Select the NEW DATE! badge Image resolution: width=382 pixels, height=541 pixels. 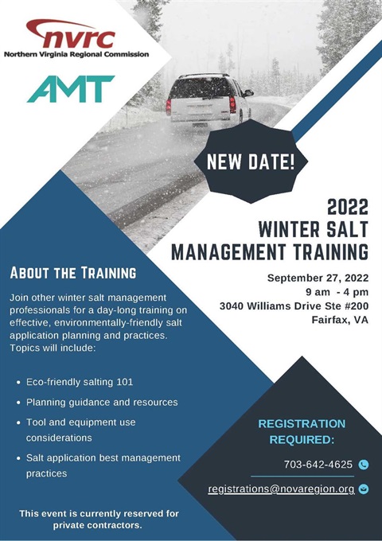coord(251,164)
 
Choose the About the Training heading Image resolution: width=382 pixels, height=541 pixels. coord(72,274)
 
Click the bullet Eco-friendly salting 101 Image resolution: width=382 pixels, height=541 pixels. coord(80,382)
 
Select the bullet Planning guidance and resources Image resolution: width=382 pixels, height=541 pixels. coord(101,402)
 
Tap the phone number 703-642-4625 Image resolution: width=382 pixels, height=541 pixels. coord(318,464)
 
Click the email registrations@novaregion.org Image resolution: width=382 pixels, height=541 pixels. coord(281,488)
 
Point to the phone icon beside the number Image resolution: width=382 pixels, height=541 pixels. coord(364,465)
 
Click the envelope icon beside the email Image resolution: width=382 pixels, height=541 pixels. coord(364,489)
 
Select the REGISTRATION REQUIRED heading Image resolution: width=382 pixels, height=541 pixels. coord(302,431)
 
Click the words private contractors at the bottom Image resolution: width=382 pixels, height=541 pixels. coord(97,526)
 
